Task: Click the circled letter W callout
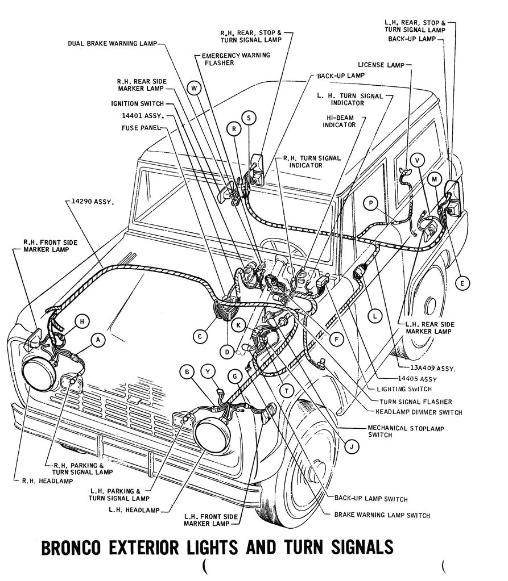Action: pyautogui.click(x=195, y=88)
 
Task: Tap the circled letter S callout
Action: pyautogui.click(x=249, y=118)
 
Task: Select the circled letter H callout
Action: pyautogui.click(x=82, y=321)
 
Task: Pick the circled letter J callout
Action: pyautogui.click(x=352, y=447)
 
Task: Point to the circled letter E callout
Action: pyautogui.click(x=462, y=283)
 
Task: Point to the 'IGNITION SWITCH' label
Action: pyautogui.click(x=137, y=103)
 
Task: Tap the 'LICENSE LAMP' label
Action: pyautogui.click(x=381, y=65)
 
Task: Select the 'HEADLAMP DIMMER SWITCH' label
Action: pyautogui.click(x=419, y=412)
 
